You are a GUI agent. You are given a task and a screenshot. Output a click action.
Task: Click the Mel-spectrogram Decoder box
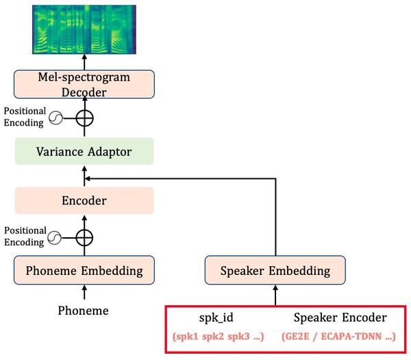[84, 84]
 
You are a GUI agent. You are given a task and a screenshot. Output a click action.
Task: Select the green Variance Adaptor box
[84, 151]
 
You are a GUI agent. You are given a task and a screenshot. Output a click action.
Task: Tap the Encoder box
[84, 202]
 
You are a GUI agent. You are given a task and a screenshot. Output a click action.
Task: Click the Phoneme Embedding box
[84, 270]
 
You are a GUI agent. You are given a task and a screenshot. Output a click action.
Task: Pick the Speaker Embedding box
[275, 270]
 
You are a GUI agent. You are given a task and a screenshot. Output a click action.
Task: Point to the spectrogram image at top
[84, 29]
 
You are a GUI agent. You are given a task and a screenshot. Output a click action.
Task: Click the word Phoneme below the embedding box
[84, 311]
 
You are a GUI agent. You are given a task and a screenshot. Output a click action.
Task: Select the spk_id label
[217, 317]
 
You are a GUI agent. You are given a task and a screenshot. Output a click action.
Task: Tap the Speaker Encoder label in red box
[340, 317]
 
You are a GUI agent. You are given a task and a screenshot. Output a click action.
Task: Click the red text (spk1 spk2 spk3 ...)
[217, 337]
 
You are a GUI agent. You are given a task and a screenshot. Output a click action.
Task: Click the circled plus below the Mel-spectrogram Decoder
[84, 118]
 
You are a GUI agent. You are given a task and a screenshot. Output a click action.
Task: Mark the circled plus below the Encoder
[84, 238]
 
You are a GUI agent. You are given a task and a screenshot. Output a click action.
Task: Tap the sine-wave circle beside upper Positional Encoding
[53, 118]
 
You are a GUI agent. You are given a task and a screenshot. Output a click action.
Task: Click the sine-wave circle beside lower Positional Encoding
[53, 238]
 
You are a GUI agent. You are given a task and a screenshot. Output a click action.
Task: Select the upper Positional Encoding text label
[24, 117]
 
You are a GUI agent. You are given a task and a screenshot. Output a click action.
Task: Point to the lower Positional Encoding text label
[24, 236]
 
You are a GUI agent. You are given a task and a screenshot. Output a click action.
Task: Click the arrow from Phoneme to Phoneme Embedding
[84, 293]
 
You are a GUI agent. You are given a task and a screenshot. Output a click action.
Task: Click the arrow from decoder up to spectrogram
[84, 62]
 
